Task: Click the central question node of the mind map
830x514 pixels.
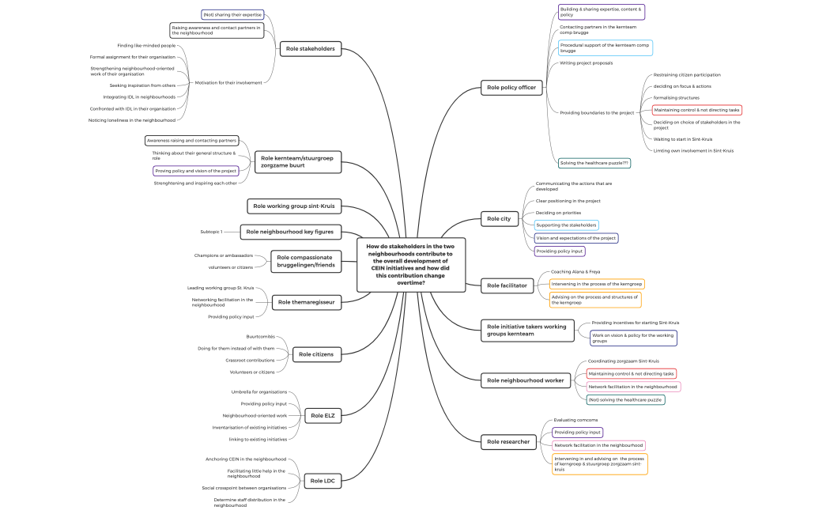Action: pos(411,264)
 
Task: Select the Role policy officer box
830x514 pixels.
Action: pos(512,88)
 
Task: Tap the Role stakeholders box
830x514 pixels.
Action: pos(310,49)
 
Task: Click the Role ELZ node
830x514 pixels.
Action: pos(323,415)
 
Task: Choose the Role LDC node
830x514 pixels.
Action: pos(323,481)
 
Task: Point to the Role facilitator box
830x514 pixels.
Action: pos(507,285)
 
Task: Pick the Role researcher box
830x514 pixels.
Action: pos(509,440)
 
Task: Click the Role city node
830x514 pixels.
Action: pos(499,218)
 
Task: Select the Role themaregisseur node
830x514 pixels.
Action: pos(309,301)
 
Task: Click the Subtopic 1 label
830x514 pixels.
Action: pos(211,232)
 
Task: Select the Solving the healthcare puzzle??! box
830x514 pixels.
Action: pos(594,163)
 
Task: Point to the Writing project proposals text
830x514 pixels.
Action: pos(586,62)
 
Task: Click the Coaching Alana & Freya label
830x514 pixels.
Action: pos(575,271)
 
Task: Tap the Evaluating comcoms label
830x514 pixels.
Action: pos(575,420)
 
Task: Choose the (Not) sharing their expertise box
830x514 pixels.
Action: pos(232,14)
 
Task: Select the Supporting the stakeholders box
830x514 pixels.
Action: pos(566,225)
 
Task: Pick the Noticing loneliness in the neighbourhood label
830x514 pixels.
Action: pos(132,120)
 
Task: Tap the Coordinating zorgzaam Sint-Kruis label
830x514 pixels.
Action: pos(623,361)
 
